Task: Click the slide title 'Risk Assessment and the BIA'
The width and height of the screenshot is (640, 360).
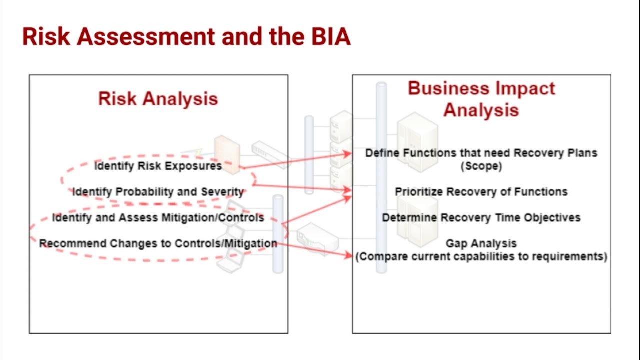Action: tap(186, 37)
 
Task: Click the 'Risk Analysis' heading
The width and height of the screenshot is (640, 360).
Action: tap(158, 98)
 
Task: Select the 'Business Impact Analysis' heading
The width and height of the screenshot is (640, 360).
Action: tap(481, 99)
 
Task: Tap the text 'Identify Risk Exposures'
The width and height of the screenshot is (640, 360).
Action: tap(158, 166)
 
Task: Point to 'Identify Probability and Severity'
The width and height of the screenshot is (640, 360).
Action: tap(158, 192)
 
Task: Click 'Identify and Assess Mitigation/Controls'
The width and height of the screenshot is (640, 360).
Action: tap(158, 218)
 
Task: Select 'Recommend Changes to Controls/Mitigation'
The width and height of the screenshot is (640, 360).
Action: tap(158, 244)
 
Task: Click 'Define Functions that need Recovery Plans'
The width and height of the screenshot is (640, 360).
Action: tap(481, 153)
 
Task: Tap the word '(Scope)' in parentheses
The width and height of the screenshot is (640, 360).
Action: tap(481, 166)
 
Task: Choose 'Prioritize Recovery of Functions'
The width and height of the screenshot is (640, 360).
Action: tap(481, 192)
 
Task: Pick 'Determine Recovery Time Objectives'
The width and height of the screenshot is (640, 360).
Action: tap(481, 218)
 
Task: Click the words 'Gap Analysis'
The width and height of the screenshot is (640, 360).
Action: tap(481, 243)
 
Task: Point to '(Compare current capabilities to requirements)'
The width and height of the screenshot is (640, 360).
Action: tap(481, 257)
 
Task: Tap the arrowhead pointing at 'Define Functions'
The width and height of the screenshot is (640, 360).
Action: tap(348, 154)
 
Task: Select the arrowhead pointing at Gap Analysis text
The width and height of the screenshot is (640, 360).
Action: tap(348, 256)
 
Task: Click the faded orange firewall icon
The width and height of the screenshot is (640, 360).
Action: tap(227, 149)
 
